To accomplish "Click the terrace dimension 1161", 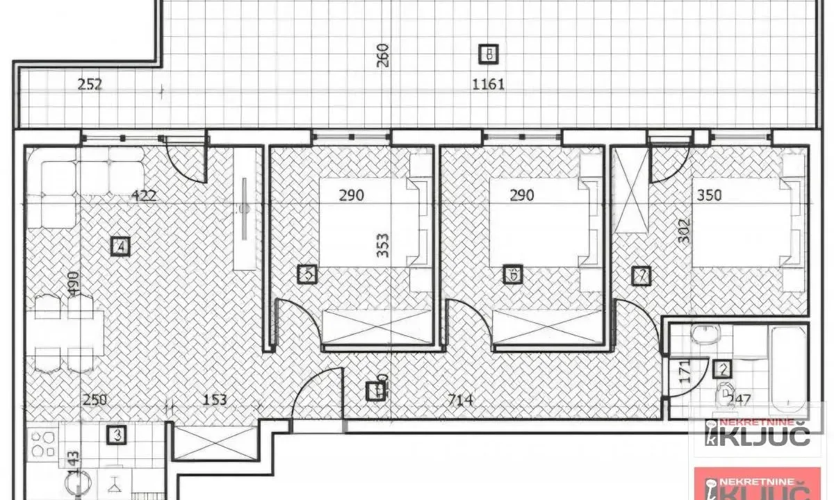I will pyautogui.click(x=489, y=85).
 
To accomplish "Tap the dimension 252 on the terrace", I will pyautogui.click(x=90, y=85).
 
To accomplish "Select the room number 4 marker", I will pyautogui.click(x=121, y=246).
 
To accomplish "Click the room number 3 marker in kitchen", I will pyautogui.click(x=116, y=435).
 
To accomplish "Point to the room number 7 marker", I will pyautogui.click(x=641, y=276).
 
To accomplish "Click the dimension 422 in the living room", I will pyautogui.click(x=144, y=195).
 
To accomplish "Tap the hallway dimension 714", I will pyautogui.click(x=461, y=400).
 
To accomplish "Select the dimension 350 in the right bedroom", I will pyautogui.click(x=708, y=195).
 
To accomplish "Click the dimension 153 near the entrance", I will pyautogui.click(x=215, y=400).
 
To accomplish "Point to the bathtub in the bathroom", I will pyautogui.click(x=788, y=369).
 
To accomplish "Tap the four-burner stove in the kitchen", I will pyautogui.click(x=44, y=444).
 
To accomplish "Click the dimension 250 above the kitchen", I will pyautogui.click(x=95, y=400).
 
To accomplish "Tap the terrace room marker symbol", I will pyautogui.click(x=489, y=53).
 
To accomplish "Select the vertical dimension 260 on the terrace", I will pyautogui.click(x=382, y=56).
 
